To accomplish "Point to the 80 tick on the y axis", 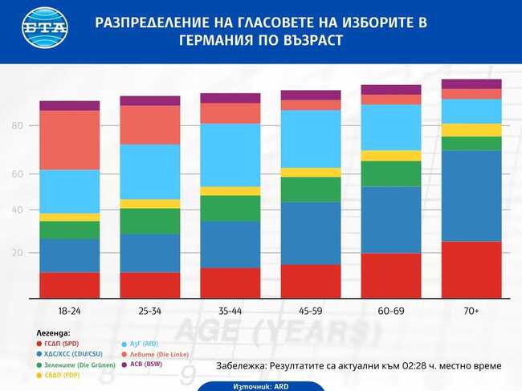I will (x=18, y=126).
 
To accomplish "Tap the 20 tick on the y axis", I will (x=18, y=253).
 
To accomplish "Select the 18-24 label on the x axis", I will (x=69, y=310).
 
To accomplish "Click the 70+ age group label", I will (x=471, y=310).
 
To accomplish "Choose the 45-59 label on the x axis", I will (x=311, y=310).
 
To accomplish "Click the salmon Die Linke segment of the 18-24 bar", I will (x=69, y=140).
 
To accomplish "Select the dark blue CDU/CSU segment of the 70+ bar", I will (x=471, y=196).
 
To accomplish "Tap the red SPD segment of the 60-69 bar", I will (x=391, y=275).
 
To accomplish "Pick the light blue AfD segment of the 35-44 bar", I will (x=230, y=155).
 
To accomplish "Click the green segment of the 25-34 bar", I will (x=149, y=222).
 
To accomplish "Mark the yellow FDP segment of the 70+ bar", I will (x=471, y=130).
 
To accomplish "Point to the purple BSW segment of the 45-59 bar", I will (x=311, y=95).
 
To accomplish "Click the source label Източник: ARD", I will (x=261, y=385).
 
